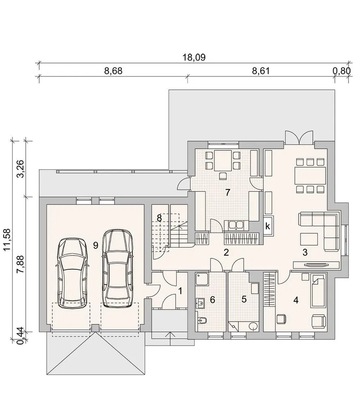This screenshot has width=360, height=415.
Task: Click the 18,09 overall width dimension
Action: (194, 57)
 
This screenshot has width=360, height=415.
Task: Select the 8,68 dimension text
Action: (113, 71)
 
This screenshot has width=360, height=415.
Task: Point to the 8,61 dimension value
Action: (261, 71)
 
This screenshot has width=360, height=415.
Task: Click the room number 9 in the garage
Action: (96, 245)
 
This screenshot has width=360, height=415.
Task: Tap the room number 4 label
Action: (296, 300)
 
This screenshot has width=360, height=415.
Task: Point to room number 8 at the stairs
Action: (159, 218)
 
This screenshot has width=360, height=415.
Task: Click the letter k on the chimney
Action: (268, 226)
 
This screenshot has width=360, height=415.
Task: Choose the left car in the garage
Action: (73, 273)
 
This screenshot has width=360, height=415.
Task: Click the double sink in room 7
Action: (236, 225)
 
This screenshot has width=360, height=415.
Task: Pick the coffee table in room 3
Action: (309, 239)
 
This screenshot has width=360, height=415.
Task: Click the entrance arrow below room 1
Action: (169, 338)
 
